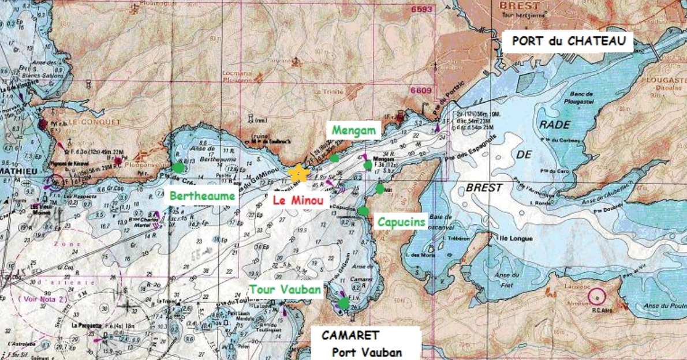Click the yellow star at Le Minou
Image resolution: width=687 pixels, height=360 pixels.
[x=297, y=172]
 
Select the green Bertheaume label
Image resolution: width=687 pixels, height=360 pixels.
[x=203, y=196]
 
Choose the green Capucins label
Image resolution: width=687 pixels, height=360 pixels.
[x=401, y=222]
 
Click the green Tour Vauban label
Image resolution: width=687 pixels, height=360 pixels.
[x=285, y=290]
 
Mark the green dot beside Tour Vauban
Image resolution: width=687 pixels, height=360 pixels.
[x=343, y=303]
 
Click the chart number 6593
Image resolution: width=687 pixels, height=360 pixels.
[x=421, y=10]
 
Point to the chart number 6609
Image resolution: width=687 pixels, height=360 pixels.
[x=421, y=91]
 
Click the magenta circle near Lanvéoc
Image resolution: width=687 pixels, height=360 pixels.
[x=596, y=297]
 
